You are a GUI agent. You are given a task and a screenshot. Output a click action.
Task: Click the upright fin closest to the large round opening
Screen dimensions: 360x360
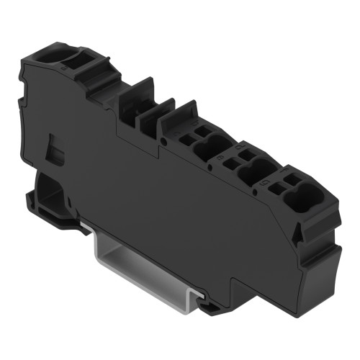pyautogui.click(x=130, y=101)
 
